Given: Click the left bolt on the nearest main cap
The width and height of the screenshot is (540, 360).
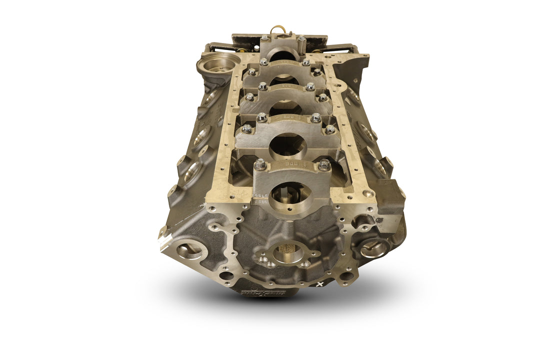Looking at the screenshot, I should point(260,163).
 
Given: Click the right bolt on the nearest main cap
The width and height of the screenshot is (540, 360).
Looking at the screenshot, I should point(324,163).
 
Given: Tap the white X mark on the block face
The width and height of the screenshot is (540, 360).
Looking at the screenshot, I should point(320,283).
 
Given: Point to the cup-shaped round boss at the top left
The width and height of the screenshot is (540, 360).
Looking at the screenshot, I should point(218,64).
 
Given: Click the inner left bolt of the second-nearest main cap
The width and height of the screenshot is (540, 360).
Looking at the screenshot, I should point(261,117).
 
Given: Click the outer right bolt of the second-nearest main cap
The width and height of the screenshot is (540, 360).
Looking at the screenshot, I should point(330,129).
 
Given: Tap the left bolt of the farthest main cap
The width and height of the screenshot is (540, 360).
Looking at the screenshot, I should point(263,38).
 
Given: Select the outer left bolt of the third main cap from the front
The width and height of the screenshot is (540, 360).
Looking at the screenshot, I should point(249,96).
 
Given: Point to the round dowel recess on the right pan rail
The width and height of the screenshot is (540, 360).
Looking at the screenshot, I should point(369,192).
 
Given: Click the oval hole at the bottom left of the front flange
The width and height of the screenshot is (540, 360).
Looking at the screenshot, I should point(226,275).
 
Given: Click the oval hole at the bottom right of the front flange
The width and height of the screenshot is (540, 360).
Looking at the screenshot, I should point(348,274).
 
